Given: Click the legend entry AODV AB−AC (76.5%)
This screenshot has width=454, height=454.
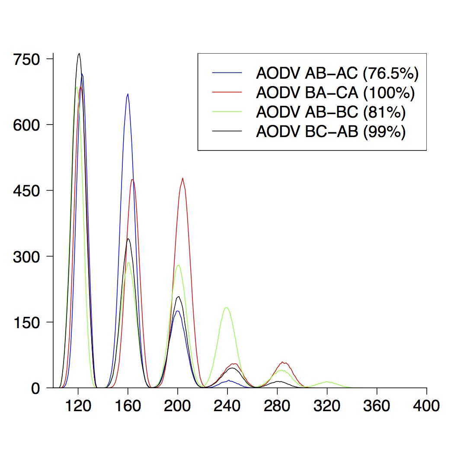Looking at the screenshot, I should click(337, 74).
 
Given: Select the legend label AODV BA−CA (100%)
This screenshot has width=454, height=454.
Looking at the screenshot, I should click(335, 93).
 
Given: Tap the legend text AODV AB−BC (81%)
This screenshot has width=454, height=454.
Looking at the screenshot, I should click(331, 112).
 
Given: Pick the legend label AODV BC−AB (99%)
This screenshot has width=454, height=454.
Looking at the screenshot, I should click(331, 131).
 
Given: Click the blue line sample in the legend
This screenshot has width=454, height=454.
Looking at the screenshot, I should click(227, 73).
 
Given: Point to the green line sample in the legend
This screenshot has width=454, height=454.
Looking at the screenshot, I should click(227, 112).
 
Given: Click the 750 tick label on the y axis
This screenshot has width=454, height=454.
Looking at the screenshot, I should click(26, 59).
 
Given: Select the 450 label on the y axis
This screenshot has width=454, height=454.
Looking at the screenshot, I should click(26, 191).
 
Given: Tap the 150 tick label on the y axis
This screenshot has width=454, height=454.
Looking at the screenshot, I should click(26, 322).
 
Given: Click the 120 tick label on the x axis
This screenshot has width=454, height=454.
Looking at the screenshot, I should click(78, 406).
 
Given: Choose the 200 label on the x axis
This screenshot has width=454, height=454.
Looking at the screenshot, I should click(178, 406).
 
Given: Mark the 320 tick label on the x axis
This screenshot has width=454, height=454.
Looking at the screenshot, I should click(327, 406).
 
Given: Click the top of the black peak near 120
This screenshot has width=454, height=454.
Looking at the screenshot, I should click(79, 54).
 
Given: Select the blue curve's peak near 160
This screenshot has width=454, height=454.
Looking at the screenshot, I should click(128, 94).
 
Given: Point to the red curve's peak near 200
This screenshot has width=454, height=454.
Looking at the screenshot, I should click(183, 178).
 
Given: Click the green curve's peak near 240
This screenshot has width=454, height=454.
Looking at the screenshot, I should click(227, 307).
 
